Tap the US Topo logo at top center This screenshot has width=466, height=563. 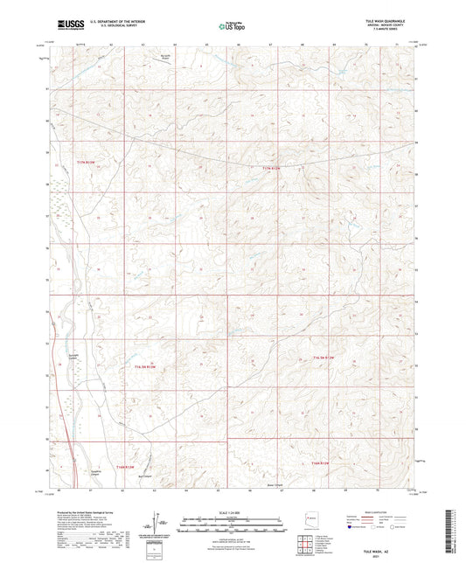229,25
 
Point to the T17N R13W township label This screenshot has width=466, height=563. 83,163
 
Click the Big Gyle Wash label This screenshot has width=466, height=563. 170,59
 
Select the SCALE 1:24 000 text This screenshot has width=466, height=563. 232,512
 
